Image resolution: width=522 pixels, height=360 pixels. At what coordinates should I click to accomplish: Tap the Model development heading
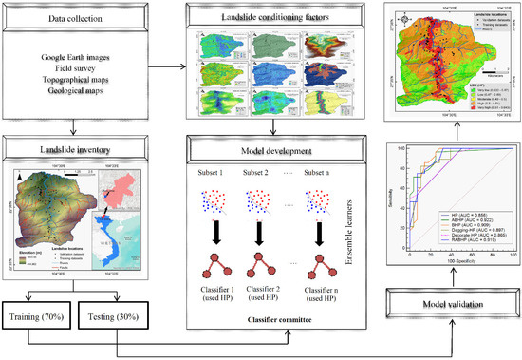click(259, 150)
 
